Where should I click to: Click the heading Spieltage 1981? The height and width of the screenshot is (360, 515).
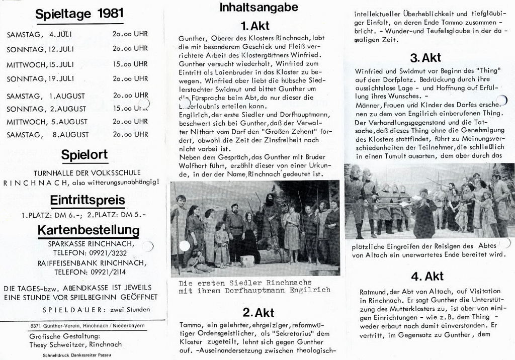tap(79, 14)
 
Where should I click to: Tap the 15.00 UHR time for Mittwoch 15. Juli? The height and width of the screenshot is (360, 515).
tap(130, 64)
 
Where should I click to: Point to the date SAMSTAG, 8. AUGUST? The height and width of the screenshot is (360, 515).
tap(48, 134)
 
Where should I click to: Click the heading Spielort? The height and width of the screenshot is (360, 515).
tap(84, 154)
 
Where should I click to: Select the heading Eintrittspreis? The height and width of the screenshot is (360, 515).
tap(87, 200)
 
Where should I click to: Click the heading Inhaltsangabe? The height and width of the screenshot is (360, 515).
tap(259, 8)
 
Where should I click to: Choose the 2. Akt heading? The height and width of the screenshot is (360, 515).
tap(258, 312)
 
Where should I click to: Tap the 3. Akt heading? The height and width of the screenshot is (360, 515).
tap(425, 57)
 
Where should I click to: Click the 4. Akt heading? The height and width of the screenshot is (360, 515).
tap(426, 276)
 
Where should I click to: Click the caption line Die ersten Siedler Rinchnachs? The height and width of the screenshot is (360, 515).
tap(245, 283)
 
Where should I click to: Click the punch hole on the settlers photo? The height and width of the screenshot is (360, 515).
tap(185, 246)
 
